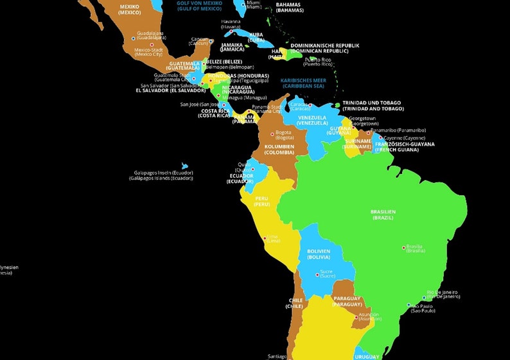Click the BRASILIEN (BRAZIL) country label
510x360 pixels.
[383, 214]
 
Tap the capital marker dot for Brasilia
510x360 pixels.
[404, 247]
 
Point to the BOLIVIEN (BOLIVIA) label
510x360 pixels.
[319, 254]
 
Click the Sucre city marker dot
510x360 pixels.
[318, 275]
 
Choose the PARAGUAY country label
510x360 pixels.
[347, 301]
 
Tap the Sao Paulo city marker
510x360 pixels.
[409, 305]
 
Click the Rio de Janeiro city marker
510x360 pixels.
[424, 297]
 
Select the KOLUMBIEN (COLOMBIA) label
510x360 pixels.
[279, 150]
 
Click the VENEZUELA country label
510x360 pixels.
[312, 120]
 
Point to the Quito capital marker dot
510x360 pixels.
[252, 169]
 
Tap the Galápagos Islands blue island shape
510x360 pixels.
[185, 166]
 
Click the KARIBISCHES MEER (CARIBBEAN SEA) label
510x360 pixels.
[303, 83]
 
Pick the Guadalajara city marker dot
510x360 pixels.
[134, 39]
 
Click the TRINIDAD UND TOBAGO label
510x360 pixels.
[372, 105]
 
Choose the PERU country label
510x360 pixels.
[261, 201]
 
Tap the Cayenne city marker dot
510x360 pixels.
[381, 137]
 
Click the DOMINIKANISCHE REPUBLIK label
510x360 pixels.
[325, 48]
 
